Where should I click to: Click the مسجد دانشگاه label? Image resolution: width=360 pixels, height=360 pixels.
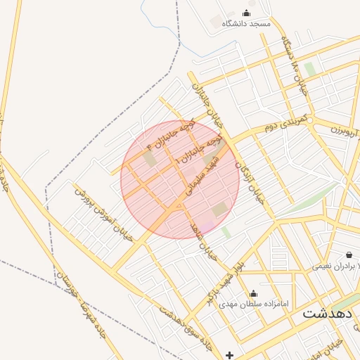pos(246,24)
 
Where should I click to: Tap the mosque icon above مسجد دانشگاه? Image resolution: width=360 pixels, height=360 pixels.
pos(246,13)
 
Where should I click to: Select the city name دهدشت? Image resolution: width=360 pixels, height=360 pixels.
pos(328,314)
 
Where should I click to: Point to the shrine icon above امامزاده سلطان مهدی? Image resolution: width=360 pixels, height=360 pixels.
pos(254,293)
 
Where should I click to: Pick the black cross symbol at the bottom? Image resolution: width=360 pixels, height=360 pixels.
pos(230,354)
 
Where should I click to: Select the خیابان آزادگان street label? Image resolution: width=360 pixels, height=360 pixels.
pos(249,180)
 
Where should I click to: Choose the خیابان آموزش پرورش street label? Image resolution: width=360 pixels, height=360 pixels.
pos(103,215)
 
